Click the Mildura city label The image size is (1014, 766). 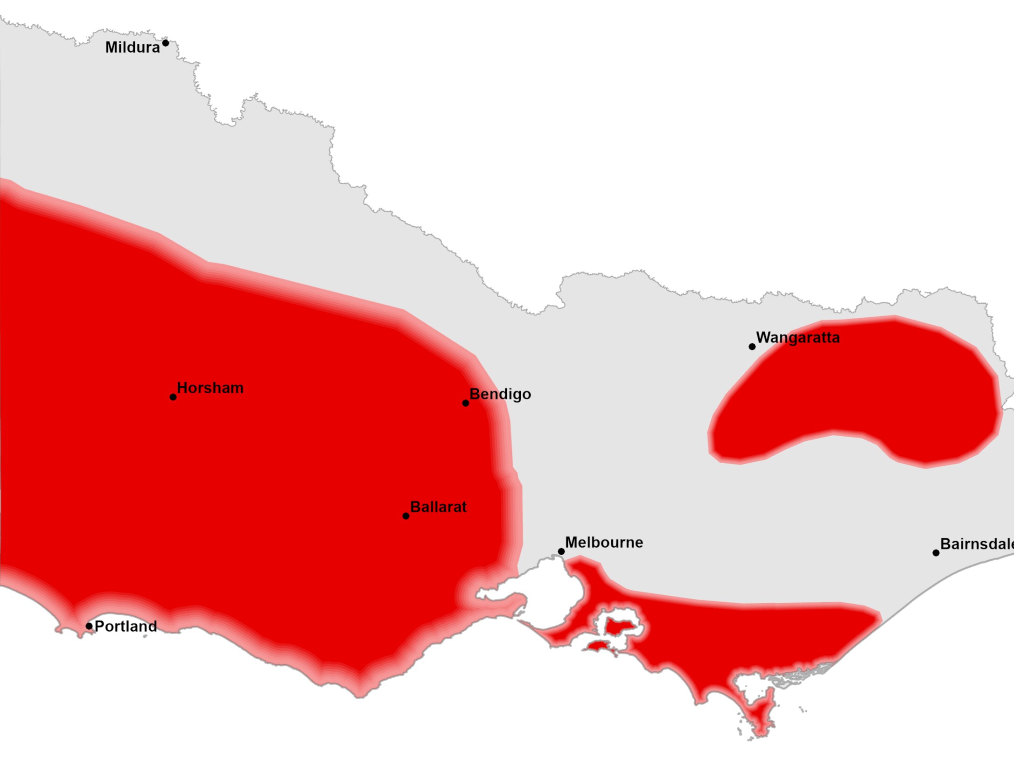point(133,48)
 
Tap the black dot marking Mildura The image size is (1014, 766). point(166,43)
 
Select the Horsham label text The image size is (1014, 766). point(210,388)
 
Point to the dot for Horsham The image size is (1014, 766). point(173,397)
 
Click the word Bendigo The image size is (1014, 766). point(500,394)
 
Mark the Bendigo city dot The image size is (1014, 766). point(466,403)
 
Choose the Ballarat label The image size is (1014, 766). point(438,507)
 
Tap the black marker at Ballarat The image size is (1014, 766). point(406,516)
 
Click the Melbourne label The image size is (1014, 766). point(604,543)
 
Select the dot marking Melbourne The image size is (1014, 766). point(561,551)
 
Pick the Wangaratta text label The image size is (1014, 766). point(797,338)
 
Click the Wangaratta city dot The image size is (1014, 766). point(752,347)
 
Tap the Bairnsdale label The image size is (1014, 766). point(976,544)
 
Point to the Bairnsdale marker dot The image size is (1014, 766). point(936,553)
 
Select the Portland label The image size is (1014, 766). point(126,627)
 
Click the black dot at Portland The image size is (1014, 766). point(89,626)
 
